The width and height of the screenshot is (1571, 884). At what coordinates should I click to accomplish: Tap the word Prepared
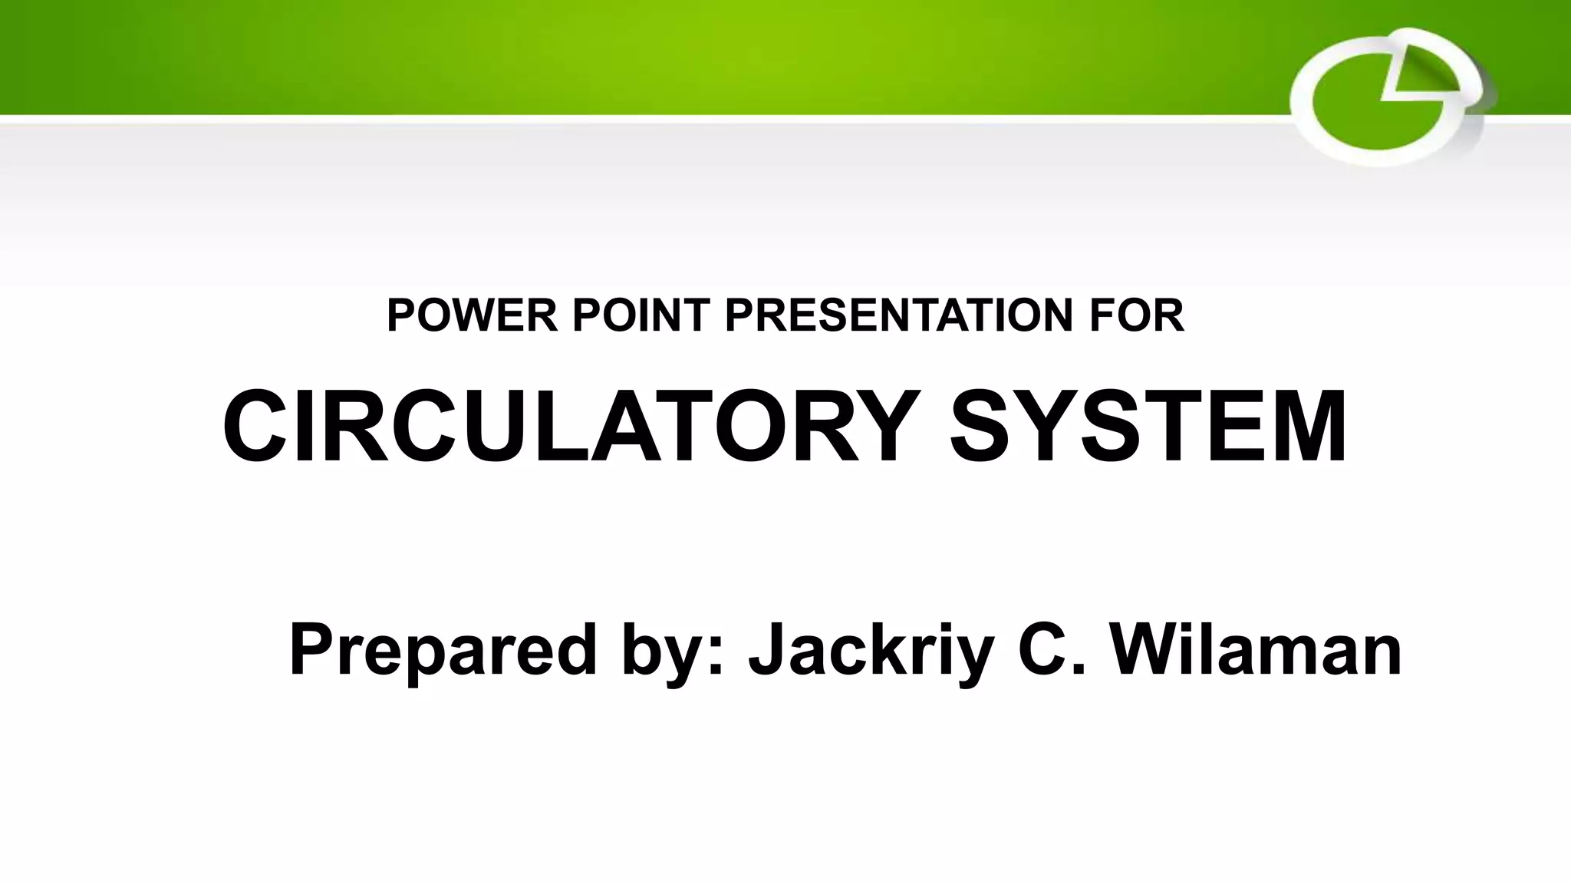point(443,651)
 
